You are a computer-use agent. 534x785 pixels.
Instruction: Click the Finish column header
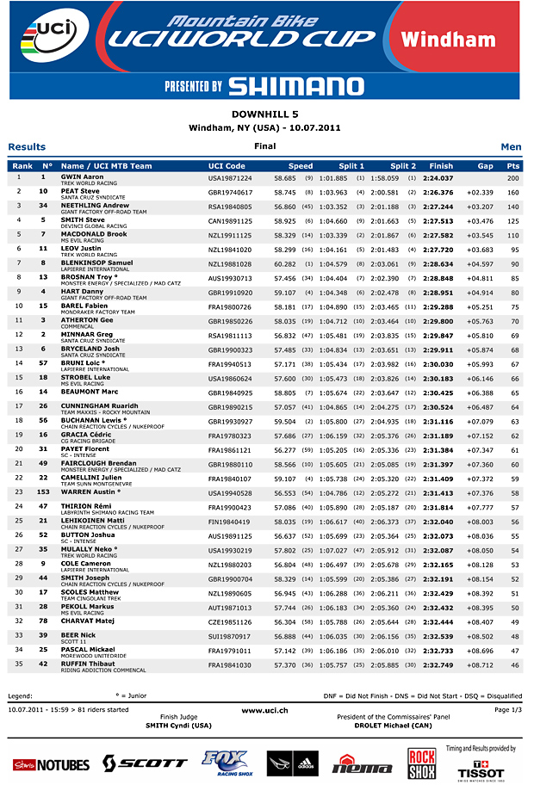pos(441,166)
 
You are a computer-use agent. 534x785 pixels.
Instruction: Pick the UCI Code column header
pos(227,166)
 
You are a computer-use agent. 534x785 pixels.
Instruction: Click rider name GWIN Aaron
pos(83,176)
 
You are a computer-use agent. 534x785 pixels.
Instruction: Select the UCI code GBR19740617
pos(230,192)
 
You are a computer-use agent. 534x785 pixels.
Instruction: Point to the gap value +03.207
pos(481,207)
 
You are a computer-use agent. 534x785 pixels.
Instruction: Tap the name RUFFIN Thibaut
pos(90,664)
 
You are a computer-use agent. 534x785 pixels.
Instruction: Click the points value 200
pos(513,177)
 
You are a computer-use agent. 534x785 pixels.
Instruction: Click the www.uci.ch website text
pos(265,710)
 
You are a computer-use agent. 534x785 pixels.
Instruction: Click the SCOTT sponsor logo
pos(145,763)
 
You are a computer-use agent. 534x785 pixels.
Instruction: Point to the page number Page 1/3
pos(507,710)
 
